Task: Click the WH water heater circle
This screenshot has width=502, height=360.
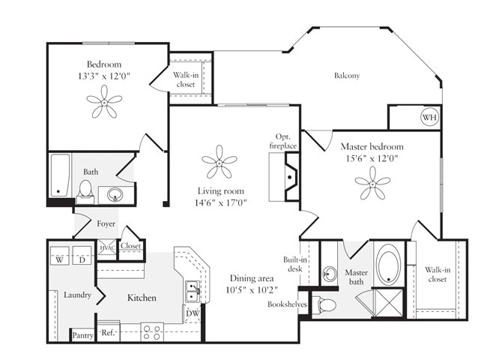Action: tap(429, 118)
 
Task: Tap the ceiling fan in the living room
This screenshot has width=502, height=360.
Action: tap(219, 163)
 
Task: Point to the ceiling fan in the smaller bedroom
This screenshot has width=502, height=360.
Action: tap(104, 101)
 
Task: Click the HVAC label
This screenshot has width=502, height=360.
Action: tap(107, 247)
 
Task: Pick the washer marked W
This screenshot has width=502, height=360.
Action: tap(60, 259)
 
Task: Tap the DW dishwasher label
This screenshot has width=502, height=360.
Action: tap(193, 313)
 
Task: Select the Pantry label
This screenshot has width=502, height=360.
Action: tap(82, 335)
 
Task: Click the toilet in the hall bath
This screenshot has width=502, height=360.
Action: tap(85, 191)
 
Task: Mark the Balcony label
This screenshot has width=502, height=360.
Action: tap(347, 75)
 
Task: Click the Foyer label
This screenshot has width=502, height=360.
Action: tap(106, 223)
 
